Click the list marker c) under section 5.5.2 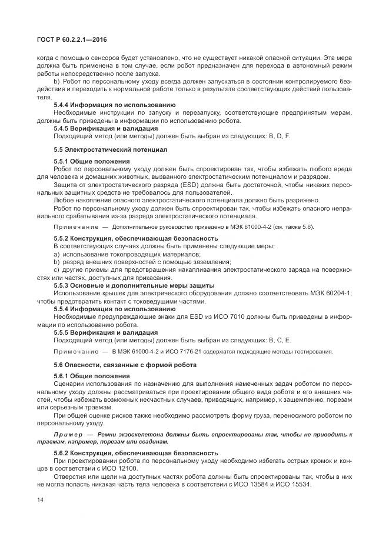click(56, 269)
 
